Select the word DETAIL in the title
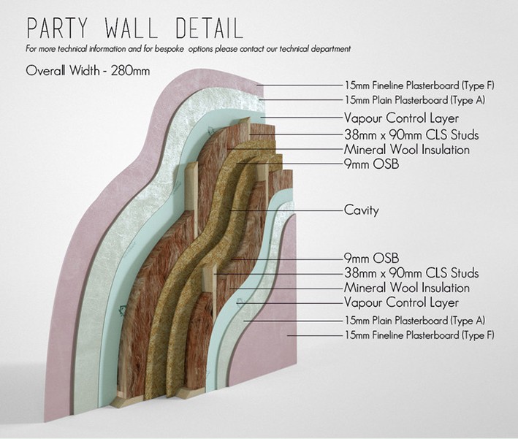pyautogui.click(x=209, y=27)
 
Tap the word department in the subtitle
pyautogui.click(x=327, y=49)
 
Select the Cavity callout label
pyautogui.click(x=361, y=210)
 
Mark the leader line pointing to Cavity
pyautogui.click(x=292, y=211)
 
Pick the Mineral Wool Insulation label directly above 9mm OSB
pyautogui.click(x=406, y=150)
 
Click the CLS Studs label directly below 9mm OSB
pyautogui.click(x=411, y=273)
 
